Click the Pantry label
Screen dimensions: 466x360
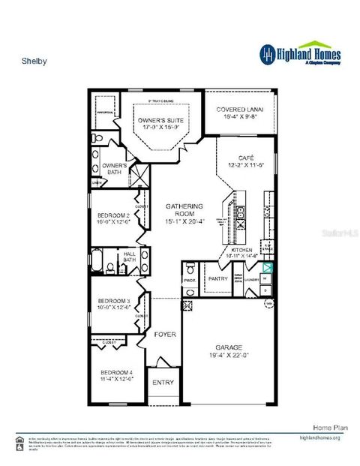pos(217,278)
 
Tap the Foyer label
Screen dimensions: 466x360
pos(165,335)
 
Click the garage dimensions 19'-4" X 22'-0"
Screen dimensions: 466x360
pos(229,355)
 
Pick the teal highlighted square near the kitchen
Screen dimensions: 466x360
pos(268,265)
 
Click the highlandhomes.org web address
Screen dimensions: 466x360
pos(320,437)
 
